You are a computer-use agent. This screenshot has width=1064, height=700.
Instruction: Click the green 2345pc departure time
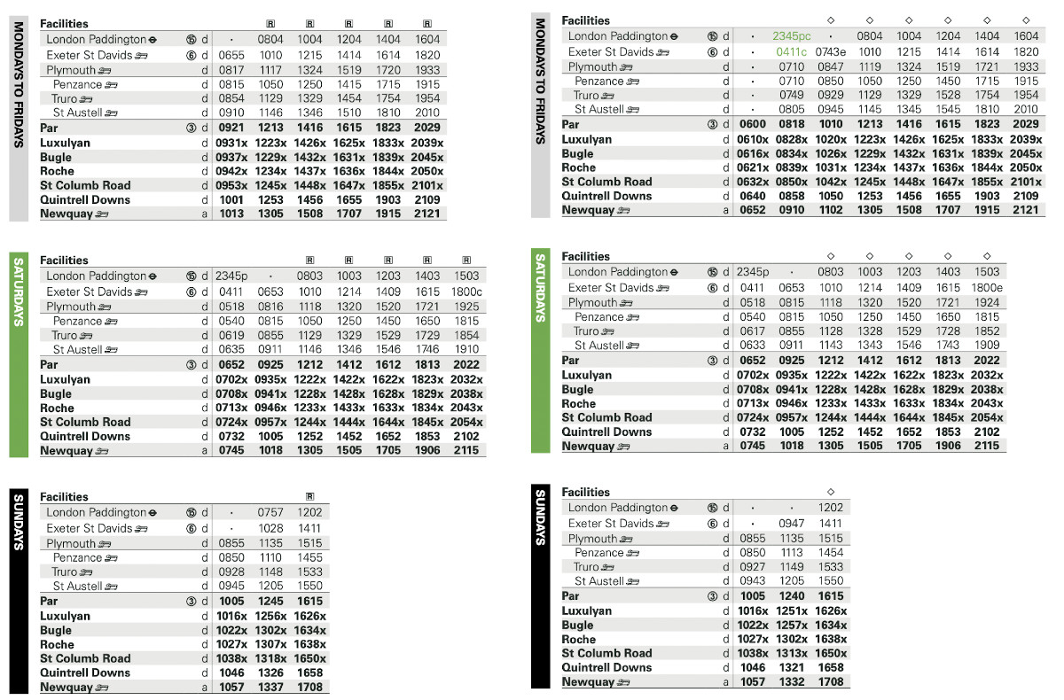(792, 36)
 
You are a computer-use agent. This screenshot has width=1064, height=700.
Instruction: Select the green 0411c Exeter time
(792, 52)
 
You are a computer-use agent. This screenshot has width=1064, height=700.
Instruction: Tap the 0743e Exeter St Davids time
(831, 52)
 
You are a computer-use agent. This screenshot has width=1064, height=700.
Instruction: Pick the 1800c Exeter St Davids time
(465, 292)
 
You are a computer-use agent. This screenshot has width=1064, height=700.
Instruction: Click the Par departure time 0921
(231, 128)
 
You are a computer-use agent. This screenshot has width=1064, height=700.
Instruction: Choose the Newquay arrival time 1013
(231, 214)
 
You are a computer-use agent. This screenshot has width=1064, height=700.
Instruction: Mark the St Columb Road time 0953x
(233, 185)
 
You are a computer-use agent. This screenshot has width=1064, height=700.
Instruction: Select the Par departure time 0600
(752, 125)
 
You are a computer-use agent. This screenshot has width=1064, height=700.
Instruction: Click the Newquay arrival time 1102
(831, 210)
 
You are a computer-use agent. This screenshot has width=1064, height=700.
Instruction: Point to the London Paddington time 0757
(270, 512)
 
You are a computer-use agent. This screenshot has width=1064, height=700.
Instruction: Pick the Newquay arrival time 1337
(270, 687)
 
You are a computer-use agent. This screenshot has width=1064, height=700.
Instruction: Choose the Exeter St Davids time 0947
(792, 524)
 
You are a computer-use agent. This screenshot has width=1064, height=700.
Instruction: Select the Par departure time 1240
(792, 596)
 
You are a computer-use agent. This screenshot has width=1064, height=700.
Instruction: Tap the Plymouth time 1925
(465, 307)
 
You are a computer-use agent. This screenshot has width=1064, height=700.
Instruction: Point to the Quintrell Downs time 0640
(752, 196)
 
